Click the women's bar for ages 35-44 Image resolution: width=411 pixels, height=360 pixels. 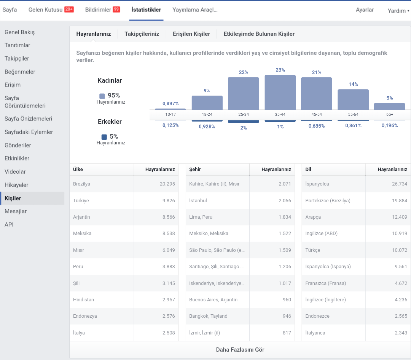click(x=280, y=92)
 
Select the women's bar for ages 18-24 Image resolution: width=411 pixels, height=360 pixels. click(x=207, y=102)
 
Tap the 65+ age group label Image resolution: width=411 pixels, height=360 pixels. click(x=390, y=114)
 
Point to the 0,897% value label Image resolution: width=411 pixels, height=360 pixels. click(x=170, y=103)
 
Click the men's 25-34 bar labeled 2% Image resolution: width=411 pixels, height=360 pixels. click(x=243, y=122)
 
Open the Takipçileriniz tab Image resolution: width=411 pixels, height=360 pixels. click(x=142, y=34)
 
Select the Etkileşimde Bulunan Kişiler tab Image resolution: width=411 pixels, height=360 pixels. click(x=259, y=34)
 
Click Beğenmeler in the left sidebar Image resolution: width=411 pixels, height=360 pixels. click(x=20, y=72)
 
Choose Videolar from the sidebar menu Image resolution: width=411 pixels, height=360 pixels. click(x=15, y=171)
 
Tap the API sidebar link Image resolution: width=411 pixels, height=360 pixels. click(x=9, y=225)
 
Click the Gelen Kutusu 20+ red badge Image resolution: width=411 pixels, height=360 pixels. click(x=69, y=10)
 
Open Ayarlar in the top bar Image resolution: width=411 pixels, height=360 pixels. click(x=365, y=10)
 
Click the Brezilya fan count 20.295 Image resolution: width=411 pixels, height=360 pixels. click(x=167, y=184)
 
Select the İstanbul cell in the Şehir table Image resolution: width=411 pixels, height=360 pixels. click(x=198, y=200)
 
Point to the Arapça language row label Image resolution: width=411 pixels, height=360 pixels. click(x=313, y=217)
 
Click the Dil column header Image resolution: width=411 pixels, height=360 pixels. click(x=308, y=170)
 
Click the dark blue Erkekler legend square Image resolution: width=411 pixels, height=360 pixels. click(x=104, y=137)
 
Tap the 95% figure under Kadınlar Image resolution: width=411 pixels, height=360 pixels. click(x=114, y=95)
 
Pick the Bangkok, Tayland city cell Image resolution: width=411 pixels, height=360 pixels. click(x=208, y=316)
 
